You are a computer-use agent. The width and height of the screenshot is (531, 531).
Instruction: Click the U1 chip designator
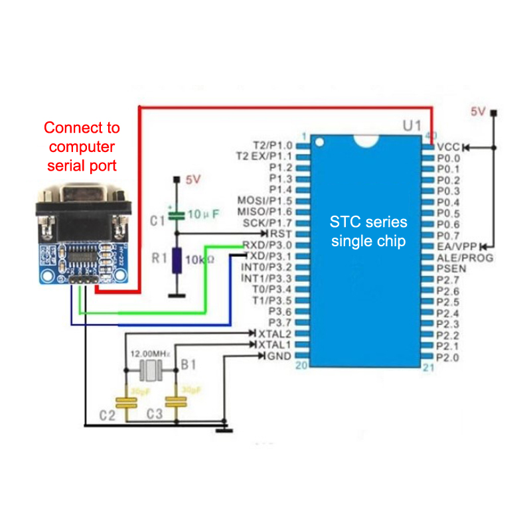[x=412, y=125]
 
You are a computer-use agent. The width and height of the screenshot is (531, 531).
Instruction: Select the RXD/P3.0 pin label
[x=266, y=245]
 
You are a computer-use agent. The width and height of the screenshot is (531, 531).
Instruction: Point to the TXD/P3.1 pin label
[x=267, y=256]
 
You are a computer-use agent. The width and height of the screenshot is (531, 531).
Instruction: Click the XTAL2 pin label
[x=274, y=333]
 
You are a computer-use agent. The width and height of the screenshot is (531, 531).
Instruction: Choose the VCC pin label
[x=448, y=147]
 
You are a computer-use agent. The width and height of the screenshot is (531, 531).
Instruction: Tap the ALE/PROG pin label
[x=465, y=257]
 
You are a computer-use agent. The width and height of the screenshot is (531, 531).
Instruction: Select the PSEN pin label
[x=451, y=267]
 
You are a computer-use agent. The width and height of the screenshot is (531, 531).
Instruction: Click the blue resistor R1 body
[x=177, y=261]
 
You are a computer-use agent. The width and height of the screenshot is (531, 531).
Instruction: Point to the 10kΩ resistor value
[x=200, y=260]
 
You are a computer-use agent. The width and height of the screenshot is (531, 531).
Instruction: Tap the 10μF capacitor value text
[x=202, y=214]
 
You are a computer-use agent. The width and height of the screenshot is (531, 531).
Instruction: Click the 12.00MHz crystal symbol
[x=151, y=370]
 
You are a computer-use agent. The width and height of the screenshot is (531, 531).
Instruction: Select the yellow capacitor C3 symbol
[x=176, y=401]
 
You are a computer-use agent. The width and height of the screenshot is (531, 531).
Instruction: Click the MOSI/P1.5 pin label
[x=264, y=200]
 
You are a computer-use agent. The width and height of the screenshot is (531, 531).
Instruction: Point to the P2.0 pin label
[x=447, y=357]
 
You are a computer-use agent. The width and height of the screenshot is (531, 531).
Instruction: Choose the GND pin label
[x=278, y=356]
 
